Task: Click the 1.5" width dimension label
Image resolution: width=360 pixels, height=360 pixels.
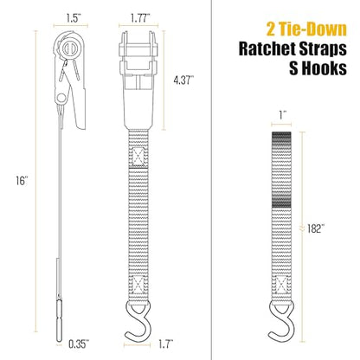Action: click(x=72, y=19)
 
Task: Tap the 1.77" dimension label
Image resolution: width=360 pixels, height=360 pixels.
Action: click(x=140, y=19)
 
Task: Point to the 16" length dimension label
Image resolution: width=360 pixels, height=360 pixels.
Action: click(x=22, y=181)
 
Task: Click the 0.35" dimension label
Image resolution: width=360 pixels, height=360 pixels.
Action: click(x=79, y=344)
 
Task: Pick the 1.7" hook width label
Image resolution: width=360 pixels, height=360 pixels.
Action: click(x=165, y=344)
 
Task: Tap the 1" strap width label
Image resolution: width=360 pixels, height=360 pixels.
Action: click(x=281, y=115)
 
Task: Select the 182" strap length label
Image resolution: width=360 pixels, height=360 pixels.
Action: click(x=314, y=229)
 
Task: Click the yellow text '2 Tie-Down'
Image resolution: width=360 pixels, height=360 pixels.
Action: click(x=306, y=29)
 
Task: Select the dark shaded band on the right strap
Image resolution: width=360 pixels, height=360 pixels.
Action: click(x=281, y=170)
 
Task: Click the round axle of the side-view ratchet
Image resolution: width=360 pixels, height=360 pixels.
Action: click(x=69, y=48)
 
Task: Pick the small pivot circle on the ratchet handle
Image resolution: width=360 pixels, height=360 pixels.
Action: click(x=61, y=98)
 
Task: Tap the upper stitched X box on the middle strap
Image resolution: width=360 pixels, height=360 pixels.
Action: click(x=138, y=157)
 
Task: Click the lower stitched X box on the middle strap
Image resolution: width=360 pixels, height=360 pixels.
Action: click(x=138, y=284)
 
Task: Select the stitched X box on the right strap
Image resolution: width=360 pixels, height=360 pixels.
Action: click(x=281, y=284)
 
